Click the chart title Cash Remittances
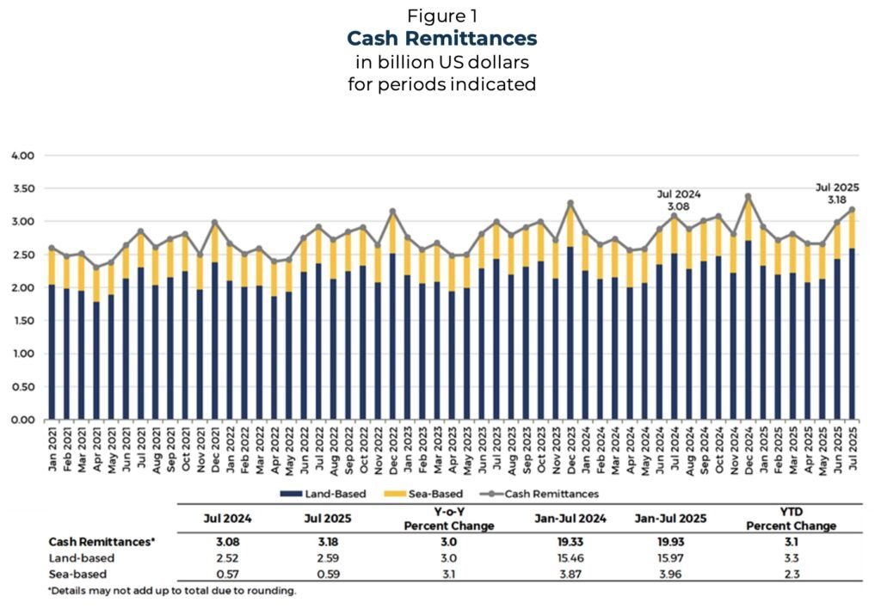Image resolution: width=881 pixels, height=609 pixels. (x=440, y=39)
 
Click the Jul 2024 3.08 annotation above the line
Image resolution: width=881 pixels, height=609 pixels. (x=674, y=200)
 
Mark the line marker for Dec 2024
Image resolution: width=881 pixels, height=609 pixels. (x=748, y=197)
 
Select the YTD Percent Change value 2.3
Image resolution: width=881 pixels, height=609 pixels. (x=790, y=575)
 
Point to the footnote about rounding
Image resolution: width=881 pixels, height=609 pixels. (x=172, y=591)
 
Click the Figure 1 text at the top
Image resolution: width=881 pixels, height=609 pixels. (x=440, y=16)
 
